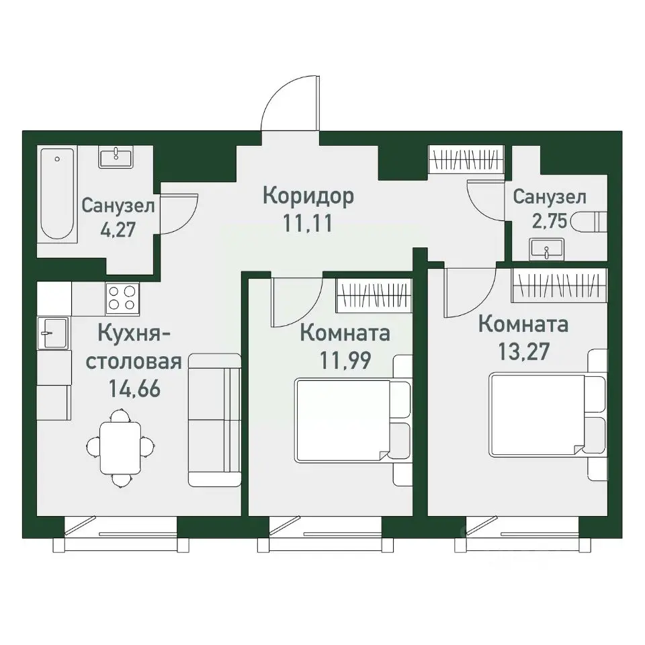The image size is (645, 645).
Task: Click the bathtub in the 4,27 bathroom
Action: point(58,195)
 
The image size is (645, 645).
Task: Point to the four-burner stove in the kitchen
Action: point(122,298)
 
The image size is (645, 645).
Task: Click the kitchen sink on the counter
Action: point(53,333)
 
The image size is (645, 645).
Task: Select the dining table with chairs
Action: point(121,447)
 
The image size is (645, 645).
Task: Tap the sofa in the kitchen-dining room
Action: point(214,420)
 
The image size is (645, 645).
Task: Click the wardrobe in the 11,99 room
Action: point(373,294)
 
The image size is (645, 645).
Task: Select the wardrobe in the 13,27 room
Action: point(559,286)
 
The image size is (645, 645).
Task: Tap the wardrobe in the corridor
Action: point(465,162)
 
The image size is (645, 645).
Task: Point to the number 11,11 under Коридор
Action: point(308,224)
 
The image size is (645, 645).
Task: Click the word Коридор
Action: point(308,196)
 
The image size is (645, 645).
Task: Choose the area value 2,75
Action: point(549,221)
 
